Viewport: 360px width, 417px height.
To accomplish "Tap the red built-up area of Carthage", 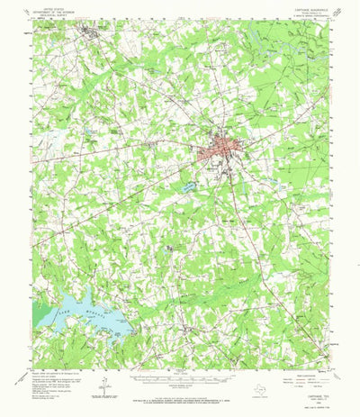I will coord(220,147).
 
